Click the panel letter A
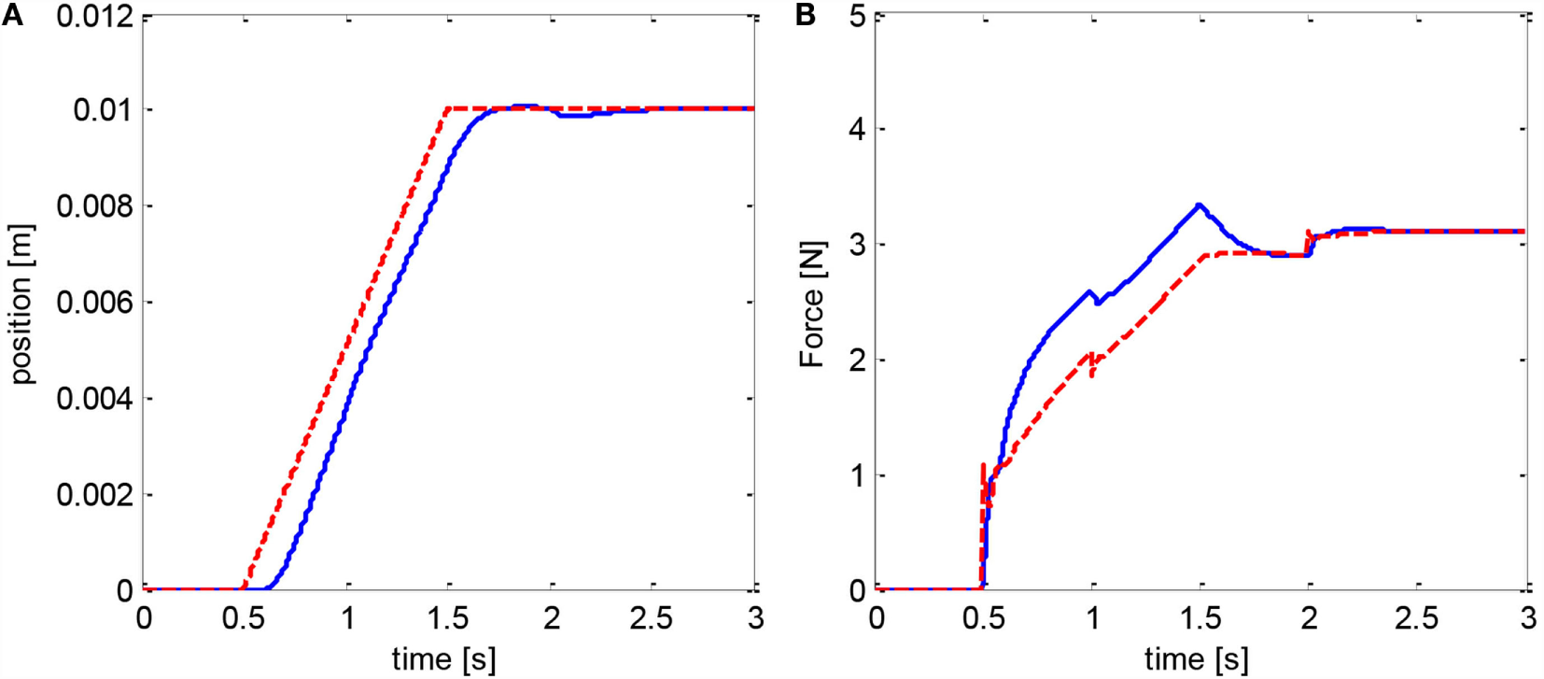pyautogui.click(x=12, y=15)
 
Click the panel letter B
pyautogui.click(x=805, y=15)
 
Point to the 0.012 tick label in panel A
pyautogui.click(x=94, y=16)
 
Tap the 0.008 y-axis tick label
pyautogui.click(x=94, y=205)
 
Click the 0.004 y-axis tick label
pyautogui.click(x=94, y=399)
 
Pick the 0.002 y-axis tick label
pyautogui.click(x=94, y=494)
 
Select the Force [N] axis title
pyautogui.click(x=812, y=304)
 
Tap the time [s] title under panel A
pyautogui.click(x=443, y=659)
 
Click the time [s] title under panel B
pyautogui.click(x=1196, y=659)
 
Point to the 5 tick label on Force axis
pyautogui.click(x=858, y=16)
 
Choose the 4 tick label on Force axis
pyautogui.click(x=858, y=129)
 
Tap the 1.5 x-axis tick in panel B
pyautogui.click(x=1200, y=618)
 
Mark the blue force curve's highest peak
pyautogui.click(x=1200, y=205)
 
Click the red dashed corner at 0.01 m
pyautogui.click(x=449, y=109)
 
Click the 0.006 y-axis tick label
pyautogui.click(x=94, y=303)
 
